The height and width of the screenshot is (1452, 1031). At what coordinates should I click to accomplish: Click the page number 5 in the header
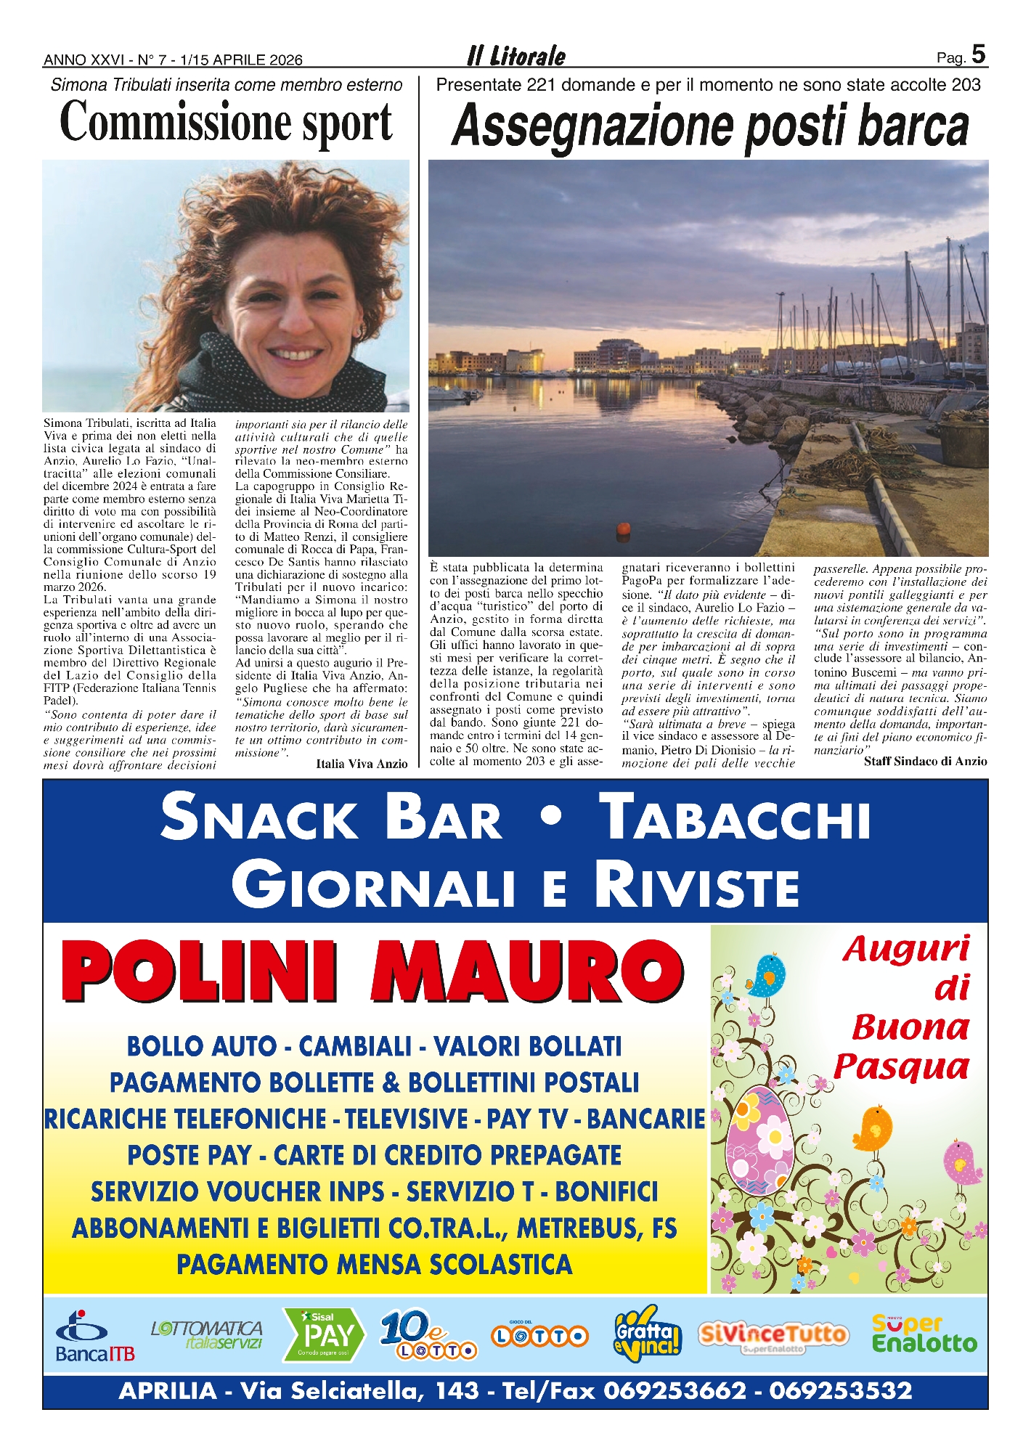coord(978,54)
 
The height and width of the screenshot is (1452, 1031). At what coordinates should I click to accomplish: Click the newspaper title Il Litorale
coord(516,56)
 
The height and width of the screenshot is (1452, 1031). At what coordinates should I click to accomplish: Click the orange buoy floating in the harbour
coord(622,529)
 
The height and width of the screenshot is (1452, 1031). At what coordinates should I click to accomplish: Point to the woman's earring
coord(357,330)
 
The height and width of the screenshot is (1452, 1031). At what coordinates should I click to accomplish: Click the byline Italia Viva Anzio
coord(362,764)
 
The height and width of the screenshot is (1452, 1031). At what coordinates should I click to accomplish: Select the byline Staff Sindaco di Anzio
coord(925,762)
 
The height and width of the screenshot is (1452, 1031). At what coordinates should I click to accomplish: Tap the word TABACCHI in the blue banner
coord(738,817)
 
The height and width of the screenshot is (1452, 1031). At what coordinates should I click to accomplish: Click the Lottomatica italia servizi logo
coord(207,1334)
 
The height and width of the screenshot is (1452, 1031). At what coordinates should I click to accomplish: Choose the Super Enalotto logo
coord(924,1334)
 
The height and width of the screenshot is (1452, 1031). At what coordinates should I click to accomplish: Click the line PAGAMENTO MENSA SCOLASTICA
coord(375,1265)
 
